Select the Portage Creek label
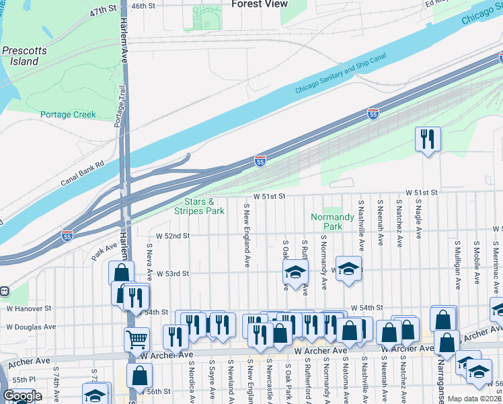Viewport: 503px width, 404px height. coord(68,114)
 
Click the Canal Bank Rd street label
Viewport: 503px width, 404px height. coord(83,172)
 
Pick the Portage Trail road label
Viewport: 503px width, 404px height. coord(120,106)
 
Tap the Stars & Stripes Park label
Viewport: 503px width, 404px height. coord(199,206)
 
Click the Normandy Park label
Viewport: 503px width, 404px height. coord(332,222)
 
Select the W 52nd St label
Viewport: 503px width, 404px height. coord(173,236)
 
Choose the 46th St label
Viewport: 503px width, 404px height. coord(143,5)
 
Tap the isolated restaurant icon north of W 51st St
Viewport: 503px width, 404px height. coord(427,139)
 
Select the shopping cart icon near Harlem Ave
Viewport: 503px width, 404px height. coord(137,339)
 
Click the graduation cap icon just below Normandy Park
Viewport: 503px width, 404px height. coord(348,269)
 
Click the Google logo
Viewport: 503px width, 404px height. coord(22,396)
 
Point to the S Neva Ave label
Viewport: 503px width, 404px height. coord(149,264)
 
